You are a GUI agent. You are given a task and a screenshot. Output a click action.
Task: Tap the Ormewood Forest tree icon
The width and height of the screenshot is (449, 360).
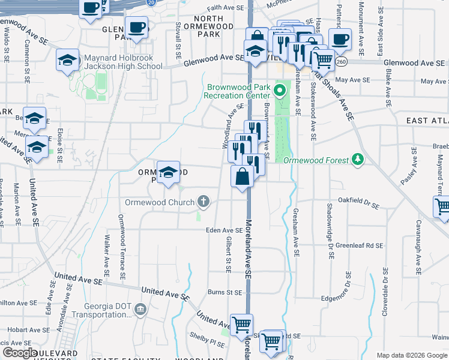358,158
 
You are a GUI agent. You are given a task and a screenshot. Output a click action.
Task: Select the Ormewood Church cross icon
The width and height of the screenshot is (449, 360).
204,202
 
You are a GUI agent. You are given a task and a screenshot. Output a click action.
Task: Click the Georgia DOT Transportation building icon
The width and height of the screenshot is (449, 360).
140,310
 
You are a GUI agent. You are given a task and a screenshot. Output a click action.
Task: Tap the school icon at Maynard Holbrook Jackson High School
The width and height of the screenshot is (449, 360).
68,59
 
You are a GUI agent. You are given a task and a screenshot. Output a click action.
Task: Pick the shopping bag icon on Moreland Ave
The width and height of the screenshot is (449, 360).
242,178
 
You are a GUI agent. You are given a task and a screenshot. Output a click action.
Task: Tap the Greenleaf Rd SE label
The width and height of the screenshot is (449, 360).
359,245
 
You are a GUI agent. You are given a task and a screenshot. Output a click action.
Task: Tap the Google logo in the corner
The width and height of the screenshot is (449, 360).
20,353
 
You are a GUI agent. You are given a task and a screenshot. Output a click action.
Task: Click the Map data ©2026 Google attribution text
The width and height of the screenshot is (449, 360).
411,355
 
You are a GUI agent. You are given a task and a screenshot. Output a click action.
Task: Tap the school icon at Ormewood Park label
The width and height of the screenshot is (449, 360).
168,172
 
